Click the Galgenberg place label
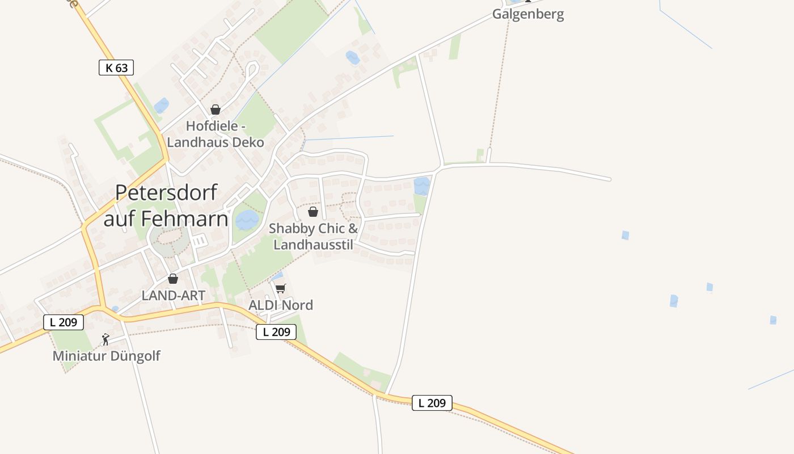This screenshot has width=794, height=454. coord(527,14)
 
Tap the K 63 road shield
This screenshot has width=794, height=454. coord(116,68)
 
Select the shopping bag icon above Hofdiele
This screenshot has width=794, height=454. coord(216,110)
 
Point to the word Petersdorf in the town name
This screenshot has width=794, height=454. coord(166,193)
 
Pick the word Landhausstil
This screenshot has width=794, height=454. coord(313,245)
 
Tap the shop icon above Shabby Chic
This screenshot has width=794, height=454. coord(312,212)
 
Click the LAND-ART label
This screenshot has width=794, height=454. coord(173,295)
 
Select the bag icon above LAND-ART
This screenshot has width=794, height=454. coord(173,279)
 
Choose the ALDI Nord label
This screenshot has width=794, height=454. coord(281,305)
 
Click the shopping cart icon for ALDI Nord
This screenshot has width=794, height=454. coord(281,288)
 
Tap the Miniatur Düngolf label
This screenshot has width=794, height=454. coord(107,356)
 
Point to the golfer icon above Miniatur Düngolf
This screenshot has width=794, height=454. coord(105,339)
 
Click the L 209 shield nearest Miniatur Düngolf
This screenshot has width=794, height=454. coord(64,322)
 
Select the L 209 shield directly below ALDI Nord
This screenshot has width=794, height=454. coord(276,332)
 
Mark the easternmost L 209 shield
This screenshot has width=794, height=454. coord(432,403)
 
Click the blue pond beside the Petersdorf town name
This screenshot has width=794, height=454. coord(247,219)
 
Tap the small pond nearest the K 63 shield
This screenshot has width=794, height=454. coord(162,105)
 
